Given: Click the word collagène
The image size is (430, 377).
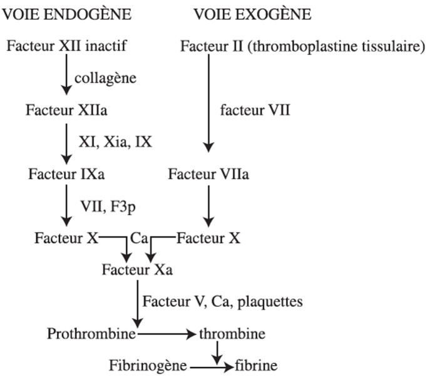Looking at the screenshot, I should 105,78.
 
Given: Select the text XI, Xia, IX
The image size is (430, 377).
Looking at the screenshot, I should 115,143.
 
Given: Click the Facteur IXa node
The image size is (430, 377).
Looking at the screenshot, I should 66,173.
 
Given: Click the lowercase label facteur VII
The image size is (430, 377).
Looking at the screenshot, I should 256,111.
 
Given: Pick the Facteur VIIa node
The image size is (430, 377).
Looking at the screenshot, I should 208,173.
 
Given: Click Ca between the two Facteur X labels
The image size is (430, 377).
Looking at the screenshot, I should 138,238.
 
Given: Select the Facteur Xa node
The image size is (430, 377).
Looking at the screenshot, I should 138,271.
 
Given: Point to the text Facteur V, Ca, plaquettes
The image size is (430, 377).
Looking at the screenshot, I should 223,302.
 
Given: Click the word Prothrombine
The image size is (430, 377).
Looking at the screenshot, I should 92,333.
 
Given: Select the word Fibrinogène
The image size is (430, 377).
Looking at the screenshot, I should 148,365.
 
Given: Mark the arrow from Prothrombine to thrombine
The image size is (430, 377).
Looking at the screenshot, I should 167,334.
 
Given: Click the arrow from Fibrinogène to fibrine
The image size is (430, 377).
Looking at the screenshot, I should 212,365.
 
